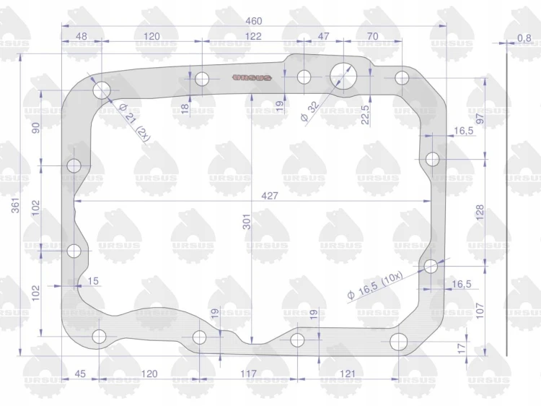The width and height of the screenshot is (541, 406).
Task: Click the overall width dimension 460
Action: (254, 21)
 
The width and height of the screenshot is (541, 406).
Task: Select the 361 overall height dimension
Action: (16, 206)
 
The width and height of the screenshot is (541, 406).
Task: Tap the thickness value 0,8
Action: (524, 38)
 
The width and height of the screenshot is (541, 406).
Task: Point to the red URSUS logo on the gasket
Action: (252, 78)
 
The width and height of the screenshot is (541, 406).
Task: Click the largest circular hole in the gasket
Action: (343, 76)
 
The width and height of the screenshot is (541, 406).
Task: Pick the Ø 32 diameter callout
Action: (309, 111)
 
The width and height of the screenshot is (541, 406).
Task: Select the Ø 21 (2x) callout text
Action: (135, 122)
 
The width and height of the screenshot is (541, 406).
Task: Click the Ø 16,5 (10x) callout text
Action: (375, 285)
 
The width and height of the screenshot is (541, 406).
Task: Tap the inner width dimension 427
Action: (270, 196)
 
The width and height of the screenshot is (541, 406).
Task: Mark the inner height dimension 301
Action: (247, 222)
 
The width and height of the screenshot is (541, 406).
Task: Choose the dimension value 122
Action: (253, 36)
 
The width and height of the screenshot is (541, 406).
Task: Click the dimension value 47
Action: (323, 36)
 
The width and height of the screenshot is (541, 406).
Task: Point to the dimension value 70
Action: (373, 36)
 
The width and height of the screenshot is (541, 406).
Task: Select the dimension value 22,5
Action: (365, 114)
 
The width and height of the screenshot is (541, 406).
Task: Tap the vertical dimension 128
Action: (480, 212)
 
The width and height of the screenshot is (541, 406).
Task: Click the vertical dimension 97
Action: (480, 118)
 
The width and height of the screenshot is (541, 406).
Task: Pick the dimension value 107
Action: (480, 311)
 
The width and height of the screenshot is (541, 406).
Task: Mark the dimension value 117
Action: (248, 373)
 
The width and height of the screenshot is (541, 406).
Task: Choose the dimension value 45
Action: (80, 373)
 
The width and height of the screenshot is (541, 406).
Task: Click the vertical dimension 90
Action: (36, 127)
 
